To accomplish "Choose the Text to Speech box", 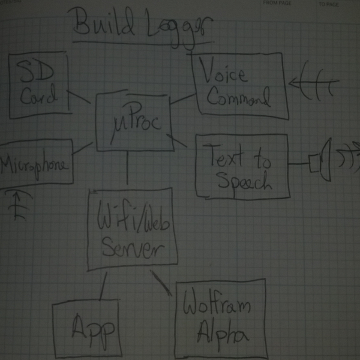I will click(x=242, y=165).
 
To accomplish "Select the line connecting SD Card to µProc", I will click(x=79, y=96).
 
